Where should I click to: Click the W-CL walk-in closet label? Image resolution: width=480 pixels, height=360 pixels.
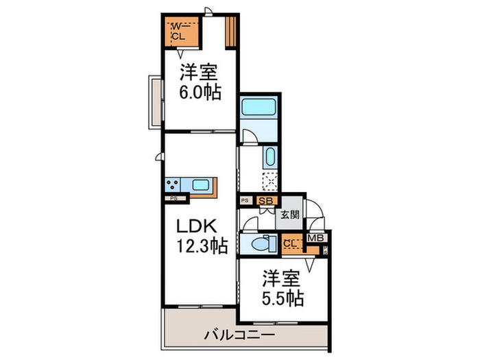click(177, 32)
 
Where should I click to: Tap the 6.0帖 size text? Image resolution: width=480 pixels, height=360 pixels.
click(201, 93)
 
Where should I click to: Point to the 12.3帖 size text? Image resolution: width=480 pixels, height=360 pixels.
click(200, 245)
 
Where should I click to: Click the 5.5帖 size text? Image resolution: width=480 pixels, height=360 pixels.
click(283, 299)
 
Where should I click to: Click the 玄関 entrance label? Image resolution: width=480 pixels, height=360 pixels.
click(289, 214)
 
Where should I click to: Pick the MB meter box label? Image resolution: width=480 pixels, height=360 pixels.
click(315, 239)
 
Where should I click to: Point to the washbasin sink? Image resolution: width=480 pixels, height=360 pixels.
click(269, 156)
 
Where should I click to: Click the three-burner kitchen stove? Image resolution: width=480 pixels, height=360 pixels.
click(172, 184)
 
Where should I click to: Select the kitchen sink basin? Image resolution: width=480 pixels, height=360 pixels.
click(202, 184)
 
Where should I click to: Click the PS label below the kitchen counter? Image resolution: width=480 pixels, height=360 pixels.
click(174, 199)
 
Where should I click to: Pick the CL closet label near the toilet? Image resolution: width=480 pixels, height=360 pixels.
click(291, 243)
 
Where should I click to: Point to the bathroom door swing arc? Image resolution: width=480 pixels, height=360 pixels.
click(252, 135)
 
